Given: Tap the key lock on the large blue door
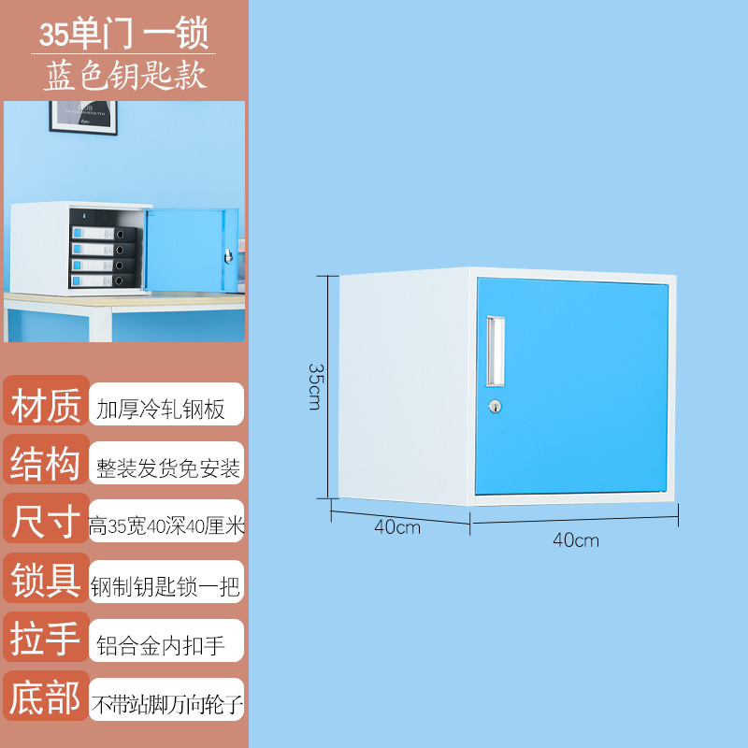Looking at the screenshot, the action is (496, 407).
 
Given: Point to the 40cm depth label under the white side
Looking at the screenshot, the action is (397, 526).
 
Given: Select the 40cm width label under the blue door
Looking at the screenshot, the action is (576, 539).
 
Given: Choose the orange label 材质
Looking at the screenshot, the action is (46, 407).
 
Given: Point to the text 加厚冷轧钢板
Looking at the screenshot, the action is (161, 410).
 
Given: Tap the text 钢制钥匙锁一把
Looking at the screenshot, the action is (166, 586).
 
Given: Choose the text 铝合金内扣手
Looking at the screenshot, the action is (161, 645).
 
